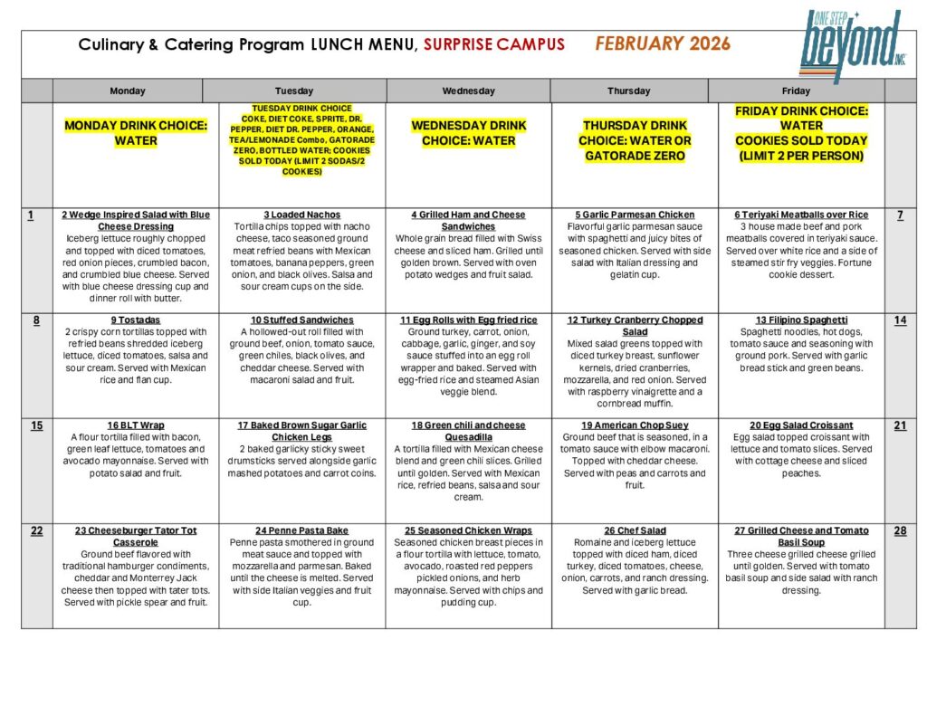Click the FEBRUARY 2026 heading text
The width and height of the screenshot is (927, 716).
point(663,43)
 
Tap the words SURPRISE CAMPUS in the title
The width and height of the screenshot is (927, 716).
point(493,44)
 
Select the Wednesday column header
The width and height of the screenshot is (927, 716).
point(468,91)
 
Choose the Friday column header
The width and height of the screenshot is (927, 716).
point(796,91)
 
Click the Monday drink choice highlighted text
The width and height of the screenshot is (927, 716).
point(136,133)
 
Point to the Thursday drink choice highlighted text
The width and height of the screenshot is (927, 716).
point(635,140)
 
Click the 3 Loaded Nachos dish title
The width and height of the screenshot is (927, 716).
point(302,215)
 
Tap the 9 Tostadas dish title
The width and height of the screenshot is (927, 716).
point(136,320)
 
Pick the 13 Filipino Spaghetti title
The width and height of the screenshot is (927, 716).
point(801,320)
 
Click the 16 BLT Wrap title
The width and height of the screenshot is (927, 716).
point(136,425)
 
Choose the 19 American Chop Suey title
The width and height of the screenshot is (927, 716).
point(635,425)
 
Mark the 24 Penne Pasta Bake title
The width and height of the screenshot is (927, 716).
point(302,530)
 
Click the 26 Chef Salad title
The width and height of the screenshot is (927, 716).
point(635,530)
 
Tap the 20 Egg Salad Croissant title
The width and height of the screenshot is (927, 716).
point(801,425)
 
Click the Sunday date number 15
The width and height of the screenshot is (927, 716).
point(36,425)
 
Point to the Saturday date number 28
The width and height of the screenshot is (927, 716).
point(900,530)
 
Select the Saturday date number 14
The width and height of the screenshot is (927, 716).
point(900,320)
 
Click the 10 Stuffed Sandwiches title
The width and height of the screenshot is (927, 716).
point(302,320)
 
